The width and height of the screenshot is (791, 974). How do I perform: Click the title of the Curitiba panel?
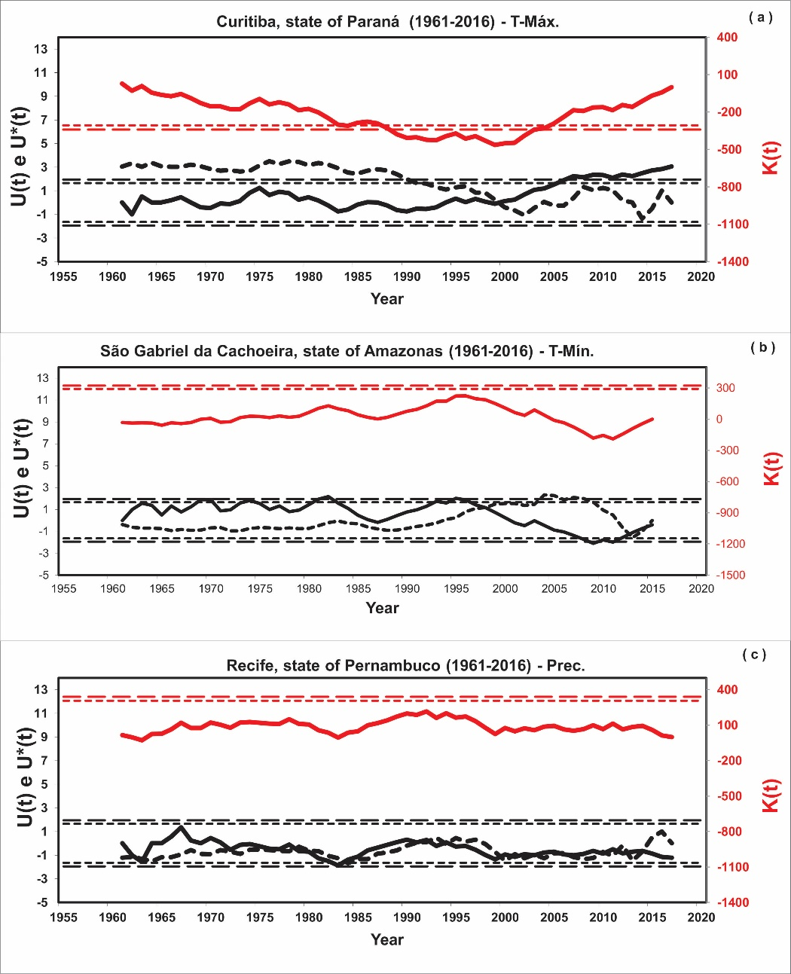pos(387,22)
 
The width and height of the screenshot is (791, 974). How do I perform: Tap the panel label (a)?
pos(761,17)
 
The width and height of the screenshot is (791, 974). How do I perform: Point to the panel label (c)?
pos(754,654)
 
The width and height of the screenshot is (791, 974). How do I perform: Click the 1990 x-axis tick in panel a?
pos(407,277)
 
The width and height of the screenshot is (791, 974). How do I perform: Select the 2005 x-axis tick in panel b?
pos(554,588)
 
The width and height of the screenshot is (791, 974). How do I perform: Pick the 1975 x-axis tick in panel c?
pos(259,918)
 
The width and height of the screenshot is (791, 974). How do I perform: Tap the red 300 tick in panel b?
pos(725,388)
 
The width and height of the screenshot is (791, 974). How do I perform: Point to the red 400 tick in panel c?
pos(728,690)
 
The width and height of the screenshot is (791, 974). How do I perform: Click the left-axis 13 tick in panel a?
pos(40,50)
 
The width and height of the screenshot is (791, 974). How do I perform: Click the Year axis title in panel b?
pos(382,608)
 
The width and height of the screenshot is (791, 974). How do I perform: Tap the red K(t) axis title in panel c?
pos(771,796)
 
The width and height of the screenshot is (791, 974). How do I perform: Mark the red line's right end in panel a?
pos(671,87)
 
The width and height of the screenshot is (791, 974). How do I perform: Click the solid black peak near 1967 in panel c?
pos(181,827)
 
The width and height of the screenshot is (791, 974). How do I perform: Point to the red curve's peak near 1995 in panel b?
pos(460,395)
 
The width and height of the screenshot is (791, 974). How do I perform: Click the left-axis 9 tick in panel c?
pos(43,737)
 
